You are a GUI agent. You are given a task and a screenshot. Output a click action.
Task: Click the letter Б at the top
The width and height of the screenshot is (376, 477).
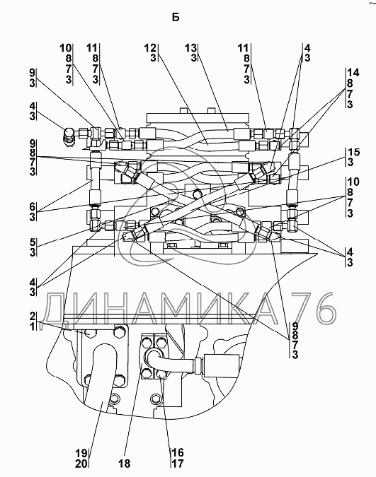[176, 18]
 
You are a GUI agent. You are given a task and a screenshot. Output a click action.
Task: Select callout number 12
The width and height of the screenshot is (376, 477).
[150, 48]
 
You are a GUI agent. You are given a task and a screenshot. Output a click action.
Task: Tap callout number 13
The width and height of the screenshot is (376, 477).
[191, 48]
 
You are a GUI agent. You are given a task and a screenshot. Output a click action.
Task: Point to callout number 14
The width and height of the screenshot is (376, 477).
[353, 73]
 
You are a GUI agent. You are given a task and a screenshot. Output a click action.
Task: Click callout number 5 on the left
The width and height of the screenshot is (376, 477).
[33, 242]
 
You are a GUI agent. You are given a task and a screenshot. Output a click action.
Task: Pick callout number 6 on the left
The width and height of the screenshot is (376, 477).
[33, 207]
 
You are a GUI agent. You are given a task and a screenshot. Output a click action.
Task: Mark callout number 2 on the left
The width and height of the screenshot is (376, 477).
[33, 317]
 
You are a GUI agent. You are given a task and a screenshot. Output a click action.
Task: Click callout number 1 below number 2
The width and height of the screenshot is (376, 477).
[33, 326]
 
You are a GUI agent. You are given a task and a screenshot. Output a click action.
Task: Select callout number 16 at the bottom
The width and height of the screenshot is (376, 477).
[178, 452]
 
